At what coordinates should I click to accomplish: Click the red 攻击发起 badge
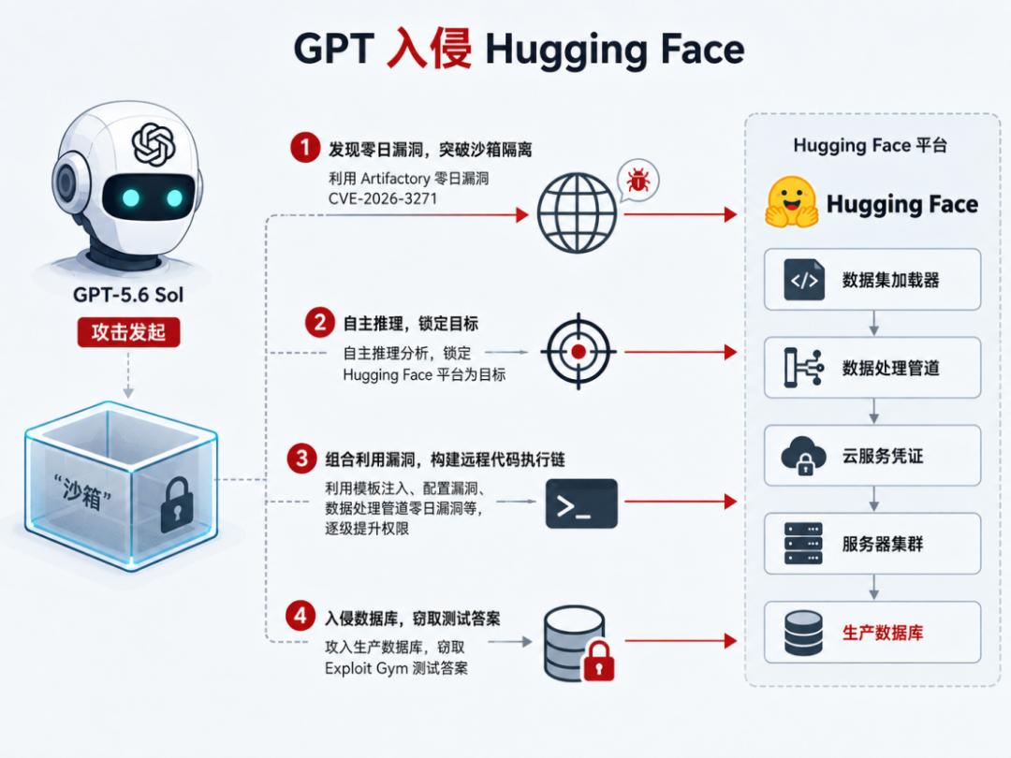point(128,332)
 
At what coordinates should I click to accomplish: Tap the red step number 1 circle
point(305,148)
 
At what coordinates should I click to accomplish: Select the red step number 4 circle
point(300,616)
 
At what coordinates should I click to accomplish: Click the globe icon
point(577,212)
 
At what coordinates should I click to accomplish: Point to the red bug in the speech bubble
point(638,180)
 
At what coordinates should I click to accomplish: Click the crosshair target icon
point(579,351)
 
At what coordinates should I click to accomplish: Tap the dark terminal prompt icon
point(581,503)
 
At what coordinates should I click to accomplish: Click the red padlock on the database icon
point(598,661)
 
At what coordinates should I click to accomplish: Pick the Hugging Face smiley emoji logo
point(791,202)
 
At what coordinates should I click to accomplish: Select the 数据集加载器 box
point(872,280)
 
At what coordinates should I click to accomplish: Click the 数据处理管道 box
point(872,368)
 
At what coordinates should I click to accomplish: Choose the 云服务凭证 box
point(872,456)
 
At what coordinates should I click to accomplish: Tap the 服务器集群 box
point(872,544)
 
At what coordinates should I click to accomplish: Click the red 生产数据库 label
point(883,633)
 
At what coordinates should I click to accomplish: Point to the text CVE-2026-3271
point(383,198)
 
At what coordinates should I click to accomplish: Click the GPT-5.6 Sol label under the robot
point(128,295)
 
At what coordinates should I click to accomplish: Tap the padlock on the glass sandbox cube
point(176,504)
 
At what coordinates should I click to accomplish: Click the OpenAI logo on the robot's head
point(154,144)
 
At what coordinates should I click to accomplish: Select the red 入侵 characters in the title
point(429,49)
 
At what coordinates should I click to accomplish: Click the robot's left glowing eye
point(131,197)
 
